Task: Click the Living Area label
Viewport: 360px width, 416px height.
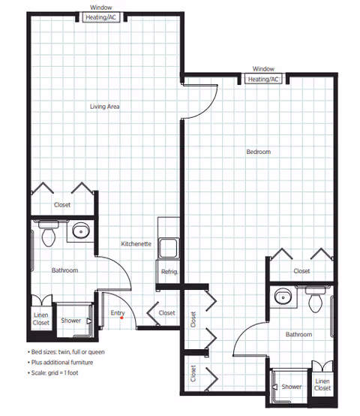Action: pyautogui.click(x=105, y=107)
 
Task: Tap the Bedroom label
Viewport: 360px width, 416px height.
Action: pyautogui.click(x=259, y=152)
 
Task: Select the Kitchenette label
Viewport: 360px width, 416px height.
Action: pyautogui.click(x=136, y=244)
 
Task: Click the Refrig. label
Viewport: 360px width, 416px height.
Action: pyautogui.click(x=169, y=272)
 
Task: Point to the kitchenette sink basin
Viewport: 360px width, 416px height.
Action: pyautogui.click(x=169, y=248)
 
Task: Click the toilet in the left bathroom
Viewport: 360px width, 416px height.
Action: pyautogui.click(x=49, y=234)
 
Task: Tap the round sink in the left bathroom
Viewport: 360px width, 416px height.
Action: pyautogui.click(x=81, y=231)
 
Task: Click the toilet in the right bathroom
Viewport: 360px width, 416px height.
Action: pyautogui.click(x=316, y=300)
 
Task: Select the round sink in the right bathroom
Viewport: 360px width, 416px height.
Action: pyautogui.click(x=283, y=297)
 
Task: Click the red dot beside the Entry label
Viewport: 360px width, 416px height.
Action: pyautogui.click(x=121, y=318)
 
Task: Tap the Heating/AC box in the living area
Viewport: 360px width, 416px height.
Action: pyautogui.click(x=101, y=17)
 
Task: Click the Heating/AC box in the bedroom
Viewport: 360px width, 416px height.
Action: pyautogui.click(x=263, y=80)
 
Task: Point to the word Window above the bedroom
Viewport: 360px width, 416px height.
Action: pyautogui.click(x=263, y=69)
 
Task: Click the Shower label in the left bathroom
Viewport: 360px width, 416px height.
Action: pyautogui.click(x=70, y=321)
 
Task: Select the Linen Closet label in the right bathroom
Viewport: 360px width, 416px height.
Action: pyautogui.click(x=322, y=384)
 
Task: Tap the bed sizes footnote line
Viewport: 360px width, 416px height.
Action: pyautogui.click(x=66, y=352)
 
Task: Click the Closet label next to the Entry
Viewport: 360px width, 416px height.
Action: pyautogui.click(x=167, y=313)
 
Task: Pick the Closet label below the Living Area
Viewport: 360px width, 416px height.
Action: pyautogui.click(x=62, y=205)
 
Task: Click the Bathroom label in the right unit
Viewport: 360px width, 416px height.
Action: pyautogui.click(x=298, y=335)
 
